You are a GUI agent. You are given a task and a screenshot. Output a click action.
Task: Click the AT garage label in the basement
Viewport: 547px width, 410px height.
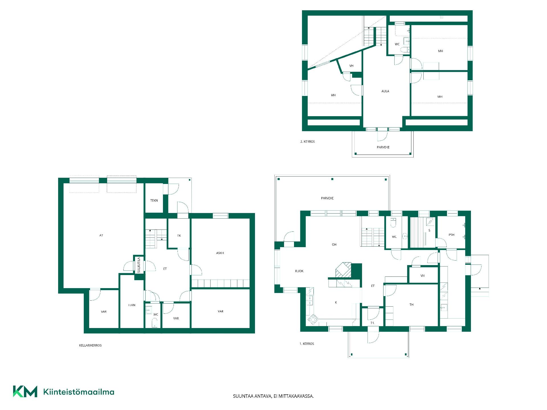tap(101, 235)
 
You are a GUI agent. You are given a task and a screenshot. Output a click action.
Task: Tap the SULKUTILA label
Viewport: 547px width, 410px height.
tap(139, 265)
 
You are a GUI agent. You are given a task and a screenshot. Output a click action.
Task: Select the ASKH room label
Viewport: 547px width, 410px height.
tap(220, 253)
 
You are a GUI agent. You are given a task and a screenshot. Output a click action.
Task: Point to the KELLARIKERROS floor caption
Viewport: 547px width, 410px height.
tap(90, 345)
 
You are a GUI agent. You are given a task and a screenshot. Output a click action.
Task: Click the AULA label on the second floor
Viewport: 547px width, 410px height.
tap(385, 91)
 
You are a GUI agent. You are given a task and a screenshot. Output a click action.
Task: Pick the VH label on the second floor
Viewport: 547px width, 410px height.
tap(351, 66)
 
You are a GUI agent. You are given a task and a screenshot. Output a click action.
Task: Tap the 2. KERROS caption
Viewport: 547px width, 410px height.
tap(308, 142)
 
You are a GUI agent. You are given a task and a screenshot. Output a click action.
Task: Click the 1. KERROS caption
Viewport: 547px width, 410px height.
tap(307, 344)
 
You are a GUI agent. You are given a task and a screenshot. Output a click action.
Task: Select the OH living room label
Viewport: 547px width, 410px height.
tap(334, 245)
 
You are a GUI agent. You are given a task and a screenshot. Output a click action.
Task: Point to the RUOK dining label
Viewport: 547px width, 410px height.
tap(299, 271)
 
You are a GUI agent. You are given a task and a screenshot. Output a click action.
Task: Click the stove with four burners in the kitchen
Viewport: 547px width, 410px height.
tap(313, 319)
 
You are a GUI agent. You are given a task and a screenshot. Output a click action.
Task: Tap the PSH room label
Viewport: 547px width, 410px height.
tap(451, 235)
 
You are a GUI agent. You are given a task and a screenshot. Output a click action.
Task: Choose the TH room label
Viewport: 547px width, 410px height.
tap(411, 305)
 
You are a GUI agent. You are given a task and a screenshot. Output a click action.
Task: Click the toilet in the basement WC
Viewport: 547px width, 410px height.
tap(154, 323)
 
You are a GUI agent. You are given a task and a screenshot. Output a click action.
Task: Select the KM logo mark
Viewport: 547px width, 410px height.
tap(25, 391)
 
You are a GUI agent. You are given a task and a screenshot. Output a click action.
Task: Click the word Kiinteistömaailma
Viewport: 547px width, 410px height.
tap(79, 392)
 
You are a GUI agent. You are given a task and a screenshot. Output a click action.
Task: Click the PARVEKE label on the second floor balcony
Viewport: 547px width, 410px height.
tap(383, 147)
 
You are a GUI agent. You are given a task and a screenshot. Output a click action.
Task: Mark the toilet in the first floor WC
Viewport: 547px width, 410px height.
tap(393, 223)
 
